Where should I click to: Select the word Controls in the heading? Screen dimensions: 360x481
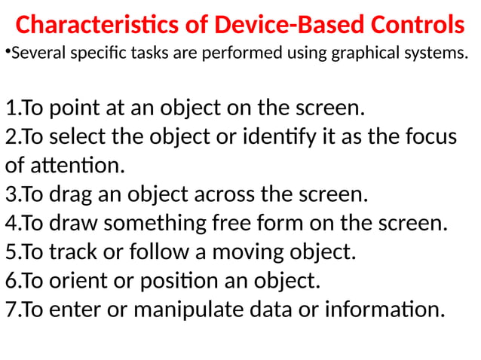tap(415, 26)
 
